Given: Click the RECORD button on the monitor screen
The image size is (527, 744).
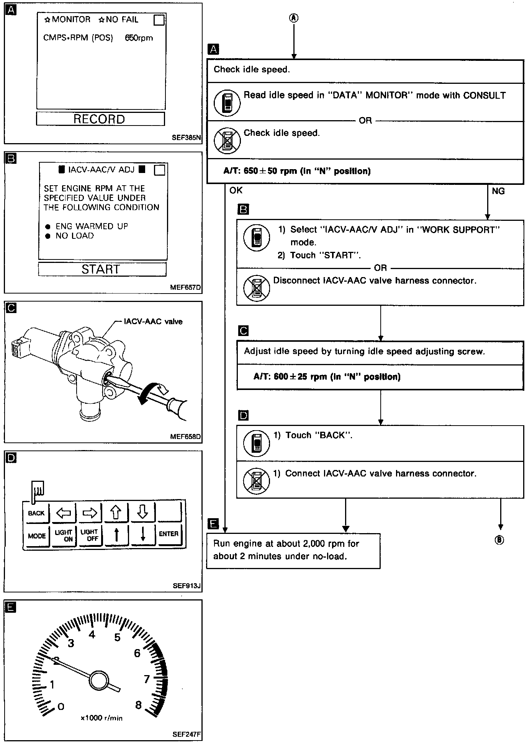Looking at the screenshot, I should tap(100, 119).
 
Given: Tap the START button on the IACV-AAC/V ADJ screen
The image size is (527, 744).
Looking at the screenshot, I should tap(102, 269).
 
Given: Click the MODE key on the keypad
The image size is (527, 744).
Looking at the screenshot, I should tap(37, 536).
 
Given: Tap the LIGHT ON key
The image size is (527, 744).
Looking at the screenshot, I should tap(64, 535).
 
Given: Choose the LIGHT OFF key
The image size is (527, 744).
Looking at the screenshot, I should tap(90, 535).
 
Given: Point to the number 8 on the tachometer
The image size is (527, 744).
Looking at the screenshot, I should tap(139, 705).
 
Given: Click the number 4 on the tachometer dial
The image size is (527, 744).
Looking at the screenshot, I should tap(92, 635).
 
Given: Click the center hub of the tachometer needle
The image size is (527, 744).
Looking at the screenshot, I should tap(98, 680).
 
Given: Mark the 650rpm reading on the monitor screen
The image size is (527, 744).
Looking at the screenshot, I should tap(139, 38).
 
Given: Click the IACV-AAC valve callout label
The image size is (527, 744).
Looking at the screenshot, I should tap(153, 321).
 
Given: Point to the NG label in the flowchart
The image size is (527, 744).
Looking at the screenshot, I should tap(498, 191).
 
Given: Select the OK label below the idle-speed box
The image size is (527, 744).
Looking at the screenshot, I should tap(236, 190).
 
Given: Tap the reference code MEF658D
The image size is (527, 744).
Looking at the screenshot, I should tap(186, 436).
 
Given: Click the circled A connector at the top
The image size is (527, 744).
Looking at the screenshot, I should tap(294, 18).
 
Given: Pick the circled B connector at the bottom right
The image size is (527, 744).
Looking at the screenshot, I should tap(499, 540).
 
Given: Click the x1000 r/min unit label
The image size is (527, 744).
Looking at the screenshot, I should tap(102, 718).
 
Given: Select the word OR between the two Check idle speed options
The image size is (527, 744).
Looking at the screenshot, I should tap(365, 121).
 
